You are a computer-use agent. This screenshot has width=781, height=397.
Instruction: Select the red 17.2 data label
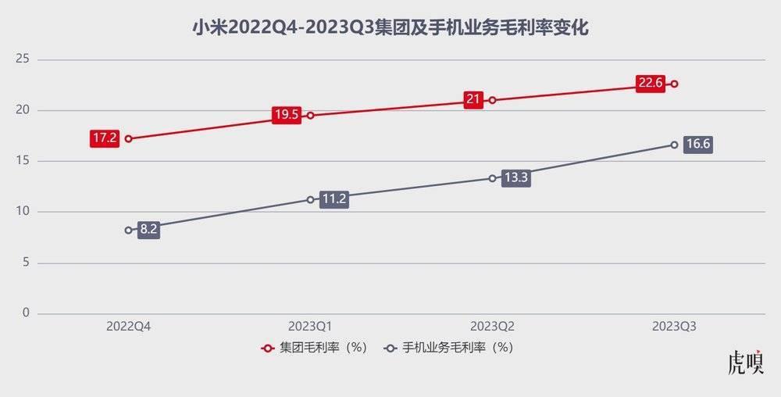coord(105,139)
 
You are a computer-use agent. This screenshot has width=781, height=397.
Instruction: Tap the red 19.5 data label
coord(287,115)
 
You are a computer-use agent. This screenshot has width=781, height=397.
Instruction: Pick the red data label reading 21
coord(473,100)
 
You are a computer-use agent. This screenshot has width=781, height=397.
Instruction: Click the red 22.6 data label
coord(650,84)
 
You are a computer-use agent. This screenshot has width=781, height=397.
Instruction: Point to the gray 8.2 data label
coord(148,231)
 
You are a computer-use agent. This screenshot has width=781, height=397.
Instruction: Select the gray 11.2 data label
coord(333,199)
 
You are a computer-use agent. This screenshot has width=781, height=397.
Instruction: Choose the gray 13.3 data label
coord(516,177)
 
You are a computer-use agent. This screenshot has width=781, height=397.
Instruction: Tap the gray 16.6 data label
coord(697,145)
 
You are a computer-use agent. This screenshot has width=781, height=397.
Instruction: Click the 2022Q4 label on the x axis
coord(128,327)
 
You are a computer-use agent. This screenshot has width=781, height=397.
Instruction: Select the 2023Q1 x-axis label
coord(310,327)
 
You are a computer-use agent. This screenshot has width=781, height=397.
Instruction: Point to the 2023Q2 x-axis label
coord(492,327)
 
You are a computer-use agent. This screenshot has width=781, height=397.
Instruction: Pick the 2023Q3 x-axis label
coord(674,327)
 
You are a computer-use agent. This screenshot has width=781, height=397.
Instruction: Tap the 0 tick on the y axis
coord(25,313)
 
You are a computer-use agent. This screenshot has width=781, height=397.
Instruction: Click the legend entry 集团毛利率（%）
coord(315,348)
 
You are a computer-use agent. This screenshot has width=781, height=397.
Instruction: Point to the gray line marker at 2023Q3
coord(674,145)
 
